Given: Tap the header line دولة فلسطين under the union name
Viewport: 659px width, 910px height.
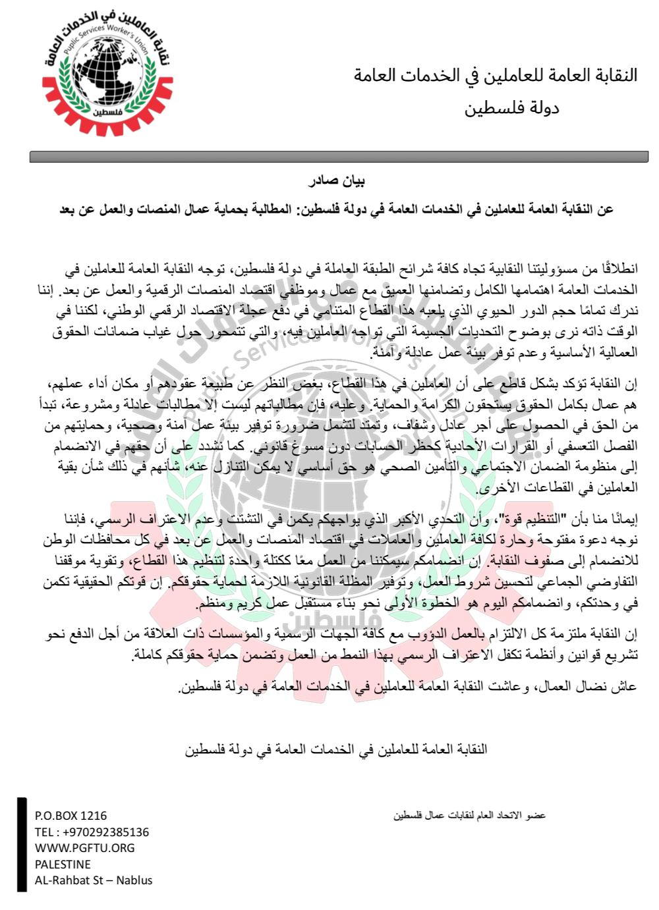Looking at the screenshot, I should click(x=511, y=107).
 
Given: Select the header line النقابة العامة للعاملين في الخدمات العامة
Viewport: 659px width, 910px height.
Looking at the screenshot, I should click(x=496, y=75).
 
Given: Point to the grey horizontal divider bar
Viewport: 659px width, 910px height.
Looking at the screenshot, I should click(x=339, y=157).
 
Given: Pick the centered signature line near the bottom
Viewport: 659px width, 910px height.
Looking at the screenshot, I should click(x=336, y=749).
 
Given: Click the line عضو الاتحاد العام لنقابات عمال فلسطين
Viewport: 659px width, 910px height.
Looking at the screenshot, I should click(x=470, y=815).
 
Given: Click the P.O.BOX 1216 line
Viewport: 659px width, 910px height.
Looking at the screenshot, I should click(x=71, y=815).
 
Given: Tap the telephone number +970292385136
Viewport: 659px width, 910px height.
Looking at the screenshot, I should click(x=92, y=832).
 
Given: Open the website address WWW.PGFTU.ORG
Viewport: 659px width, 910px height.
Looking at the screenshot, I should click(x=84, y=848).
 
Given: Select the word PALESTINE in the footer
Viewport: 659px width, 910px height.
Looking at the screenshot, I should click(x=63, y=864).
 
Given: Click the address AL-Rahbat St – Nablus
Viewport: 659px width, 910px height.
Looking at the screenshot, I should click(x=94, y=880).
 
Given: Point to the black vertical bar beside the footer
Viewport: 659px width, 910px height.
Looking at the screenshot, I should click(x=22, y=845).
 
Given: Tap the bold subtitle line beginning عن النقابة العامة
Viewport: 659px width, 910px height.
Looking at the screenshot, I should click(x=337, y=209).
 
